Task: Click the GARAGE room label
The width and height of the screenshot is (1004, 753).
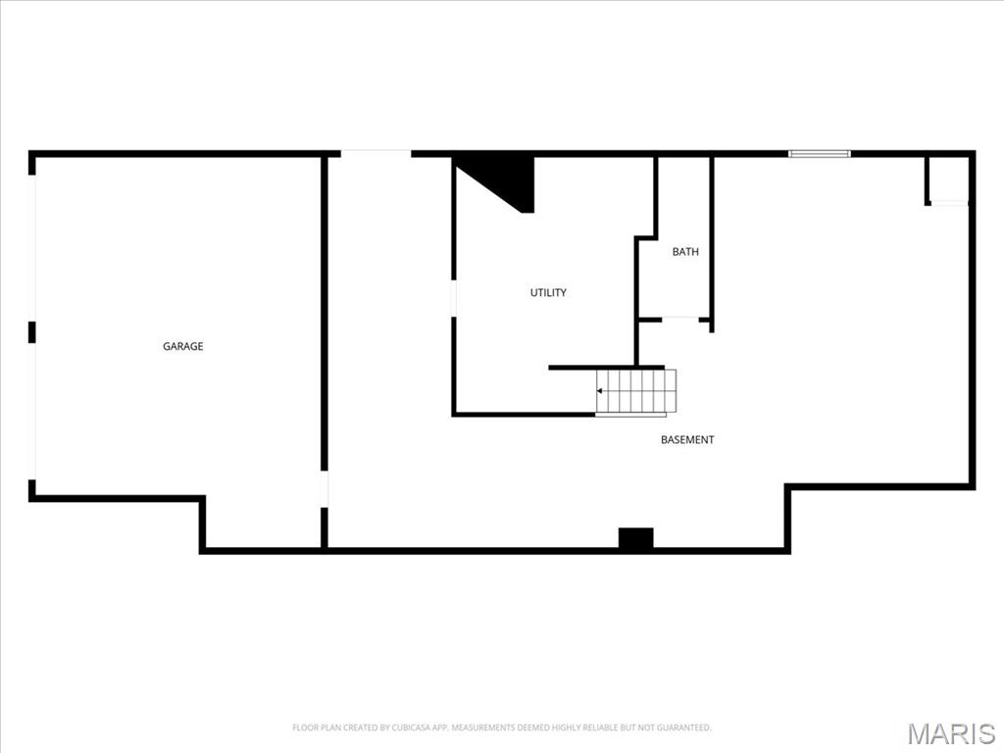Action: point(183,346)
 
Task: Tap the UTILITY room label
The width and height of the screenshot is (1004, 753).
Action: point(548,292)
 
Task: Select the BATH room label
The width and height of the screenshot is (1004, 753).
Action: point(685,252)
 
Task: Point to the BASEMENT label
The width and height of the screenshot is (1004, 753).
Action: point(687,439)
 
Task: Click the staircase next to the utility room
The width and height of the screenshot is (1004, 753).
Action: point(636,392)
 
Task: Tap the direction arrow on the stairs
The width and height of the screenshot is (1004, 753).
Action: point(600,391)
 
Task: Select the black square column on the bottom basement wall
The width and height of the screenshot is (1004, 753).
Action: point(635,538)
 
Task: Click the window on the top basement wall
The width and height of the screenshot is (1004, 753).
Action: point(820,154)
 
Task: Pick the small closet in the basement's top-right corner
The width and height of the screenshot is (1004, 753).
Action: point(948,179)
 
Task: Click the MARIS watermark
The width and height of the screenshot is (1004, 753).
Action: point(950,733)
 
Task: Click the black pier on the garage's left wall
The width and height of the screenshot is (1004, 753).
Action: point(32,332)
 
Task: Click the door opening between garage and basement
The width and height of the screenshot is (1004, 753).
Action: point(325,490)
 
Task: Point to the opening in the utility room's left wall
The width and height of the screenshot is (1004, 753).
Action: point(453,299)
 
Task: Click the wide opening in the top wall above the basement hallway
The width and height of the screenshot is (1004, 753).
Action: point(376,153)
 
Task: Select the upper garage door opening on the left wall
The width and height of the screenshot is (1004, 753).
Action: point(34,248)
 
